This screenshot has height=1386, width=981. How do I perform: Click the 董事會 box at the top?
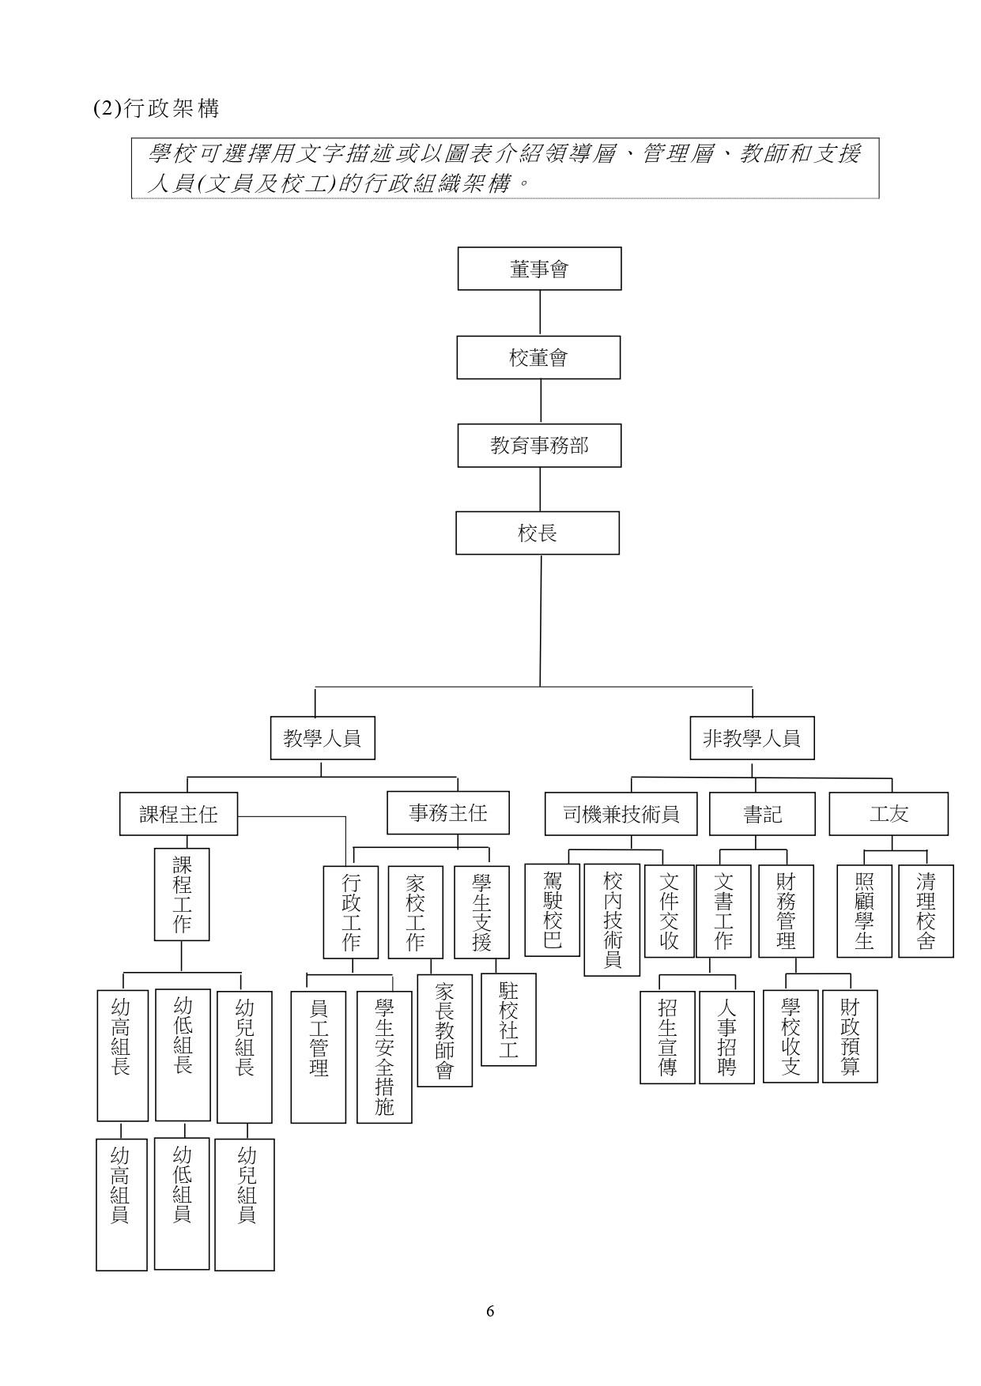[x=539, y=269]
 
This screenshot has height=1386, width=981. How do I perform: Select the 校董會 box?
[x=538, y=357]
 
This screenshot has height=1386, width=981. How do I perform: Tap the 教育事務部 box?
[x=539, y=446]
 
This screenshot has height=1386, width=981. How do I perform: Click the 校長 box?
[x=538, y=533]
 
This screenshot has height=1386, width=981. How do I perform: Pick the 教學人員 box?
[x=323, y=738]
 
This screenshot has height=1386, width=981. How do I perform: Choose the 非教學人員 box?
[x=752, y=738]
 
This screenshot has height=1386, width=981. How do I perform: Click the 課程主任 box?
[x=179, y=814]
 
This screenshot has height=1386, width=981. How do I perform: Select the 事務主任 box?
[x=448, y=812]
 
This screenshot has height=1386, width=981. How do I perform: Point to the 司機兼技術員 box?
[x=621, y=814]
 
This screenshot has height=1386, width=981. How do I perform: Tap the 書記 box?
[x=763, y=814]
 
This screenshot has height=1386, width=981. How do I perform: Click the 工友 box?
[x=889, y=814]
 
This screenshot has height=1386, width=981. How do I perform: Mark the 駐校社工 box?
[x=508, y=1019]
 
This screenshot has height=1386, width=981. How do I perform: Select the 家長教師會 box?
[x=444, y=1030]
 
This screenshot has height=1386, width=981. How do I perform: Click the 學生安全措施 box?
[x=384, y=1057]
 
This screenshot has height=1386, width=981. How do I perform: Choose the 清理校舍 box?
[x=926, y=911]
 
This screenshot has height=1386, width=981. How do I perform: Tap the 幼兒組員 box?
[x=245, y=1204]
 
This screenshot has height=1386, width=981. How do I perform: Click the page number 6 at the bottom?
[x=490, y=1311]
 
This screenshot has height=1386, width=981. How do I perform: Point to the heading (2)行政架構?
[x=156, y=108]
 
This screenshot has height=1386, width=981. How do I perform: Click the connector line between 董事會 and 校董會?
[x=540, y=313]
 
